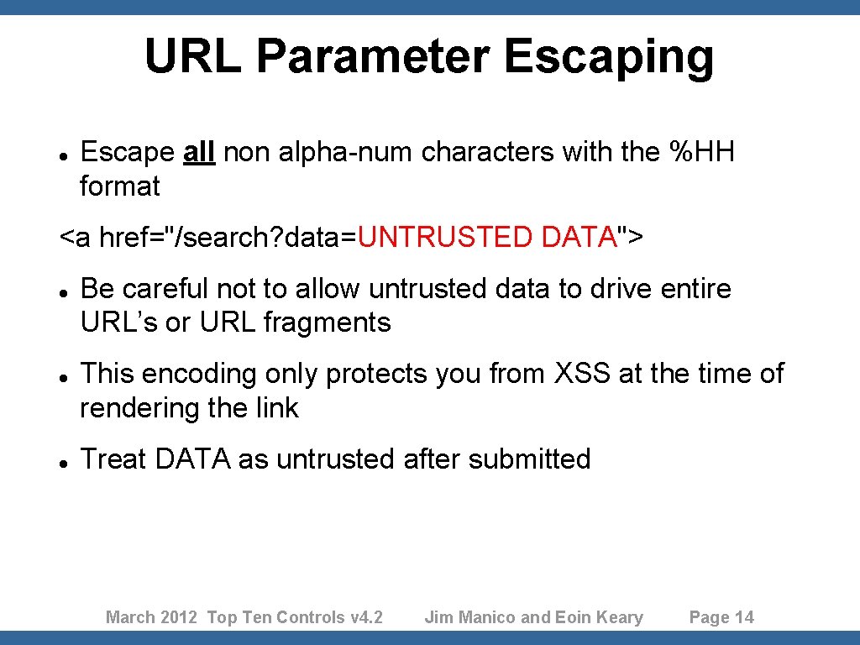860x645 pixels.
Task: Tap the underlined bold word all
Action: pyautogui.click(x=199, y=153)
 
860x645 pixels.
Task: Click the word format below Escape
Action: pyautogui.click(x=119, y=186)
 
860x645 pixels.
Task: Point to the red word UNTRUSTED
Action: pyautogui.click(x=445, y=238)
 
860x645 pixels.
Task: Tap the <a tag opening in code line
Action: pyautogui.click(x=75, y=238)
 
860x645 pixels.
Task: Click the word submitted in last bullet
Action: pyautogui.click(x=530, y=459)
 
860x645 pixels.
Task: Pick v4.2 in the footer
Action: pyautogui.click(x=366, y=618)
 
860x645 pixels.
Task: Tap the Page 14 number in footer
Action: pyautogui.click(x=721, y=618)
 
